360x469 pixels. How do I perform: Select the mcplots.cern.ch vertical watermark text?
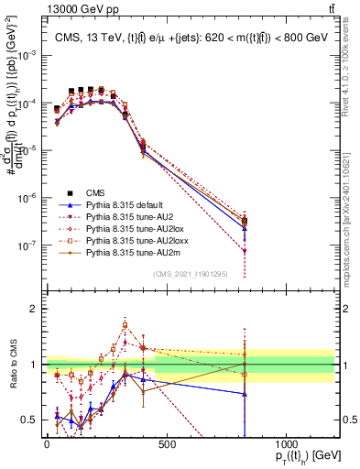(x=351, y=220)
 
